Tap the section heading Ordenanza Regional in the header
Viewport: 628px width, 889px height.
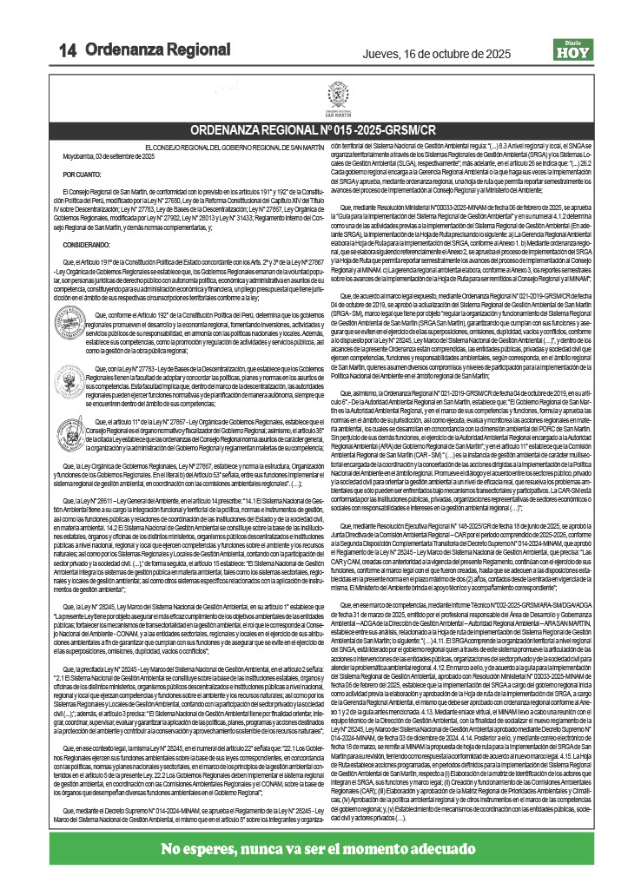pos(158,50)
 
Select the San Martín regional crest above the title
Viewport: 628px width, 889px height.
pos(337,95)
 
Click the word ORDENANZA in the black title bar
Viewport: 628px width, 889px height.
pos(224,130)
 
